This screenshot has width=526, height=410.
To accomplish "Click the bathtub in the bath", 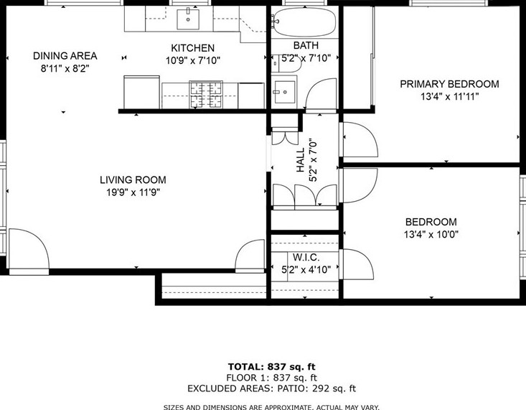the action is pos(304,22).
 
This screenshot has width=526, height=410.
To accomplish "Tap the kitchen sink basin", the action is pos(188,19).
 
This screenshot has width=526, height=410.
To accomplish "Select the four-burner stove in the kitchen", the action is pos(206,95).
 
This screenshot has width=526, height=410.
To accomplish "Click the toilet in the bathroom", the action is pos(287,64).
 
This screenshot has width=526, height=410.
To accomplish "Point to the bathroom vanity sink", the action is pos(284,92).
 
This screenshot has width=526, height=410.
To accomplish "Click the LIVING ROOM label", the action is pos(133,180).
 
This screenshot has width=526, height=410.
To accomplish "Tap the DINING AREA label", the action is pos(65,56).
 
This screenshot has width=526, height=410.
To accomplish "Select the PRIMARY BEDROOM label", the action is pos(449,83).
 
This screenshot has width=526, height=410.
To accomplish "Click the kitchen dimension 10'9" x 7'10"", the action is pos(193,61).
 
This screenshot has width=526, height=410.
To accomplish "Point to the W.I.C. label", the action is pos(306,258).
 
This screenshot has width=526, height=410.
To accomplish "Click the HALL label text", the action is pos(300,160).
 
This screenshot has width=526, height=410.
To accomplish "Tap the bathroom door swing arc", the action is pos(320,94).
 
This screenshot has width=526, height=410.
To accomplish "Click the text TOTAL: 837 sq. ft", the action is pos(272,367).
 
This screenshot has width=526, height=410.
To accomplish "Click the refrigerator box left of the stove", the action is pos(141,92).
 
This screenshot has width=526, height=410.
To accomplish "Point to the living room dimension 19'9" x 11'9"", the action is pos(133,192).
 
